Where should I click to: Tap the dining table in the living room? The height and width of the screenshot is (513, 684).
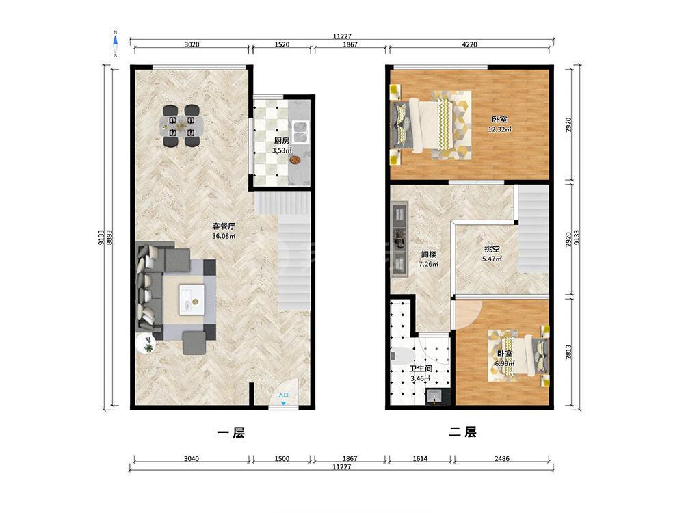click(181, 126)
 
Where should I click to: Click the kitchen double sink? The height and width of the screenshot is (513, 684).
click(300, 132)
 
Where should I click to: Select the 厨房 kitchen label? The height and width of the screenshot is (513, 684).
click(282, 141)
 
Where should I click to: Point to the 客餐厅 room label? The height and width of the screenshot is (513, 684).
click(224, 226)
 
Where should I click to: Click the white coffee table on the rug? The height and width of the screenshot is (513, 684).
click(192, 299)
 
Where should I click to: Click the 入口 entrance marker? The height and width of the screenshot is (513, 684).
click(284, 395)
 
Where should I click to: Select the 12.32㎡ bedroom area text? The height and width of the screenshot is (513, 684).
click(499, 129)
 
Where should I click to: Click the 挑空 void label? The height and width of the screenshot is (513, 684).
click(492, 249)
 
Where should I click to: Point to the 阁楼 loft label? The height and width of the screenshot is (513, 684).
click(429, 254)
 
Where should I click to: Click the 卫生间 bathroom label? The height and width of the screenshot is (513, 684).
click(421, 369)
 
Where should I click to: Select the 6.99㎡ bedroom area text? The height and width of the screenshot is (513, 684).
click(505, 363)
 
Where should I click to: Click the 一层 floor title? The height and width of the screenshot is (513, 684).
click(231, 432)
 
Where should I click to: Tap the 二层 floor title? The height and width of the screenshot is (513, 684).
click(463, 432)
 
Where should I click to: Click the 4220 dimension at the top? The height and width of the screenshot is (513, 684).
click(469, 44)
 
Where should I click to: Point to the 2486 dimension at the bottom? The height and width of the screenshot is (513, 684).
click(502, 458)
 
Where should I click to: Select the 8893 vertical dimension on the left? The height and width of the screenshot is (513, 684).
click(109, 237)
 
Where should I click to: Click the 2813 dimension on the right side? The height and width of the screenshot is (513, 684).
click(568, 352)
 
